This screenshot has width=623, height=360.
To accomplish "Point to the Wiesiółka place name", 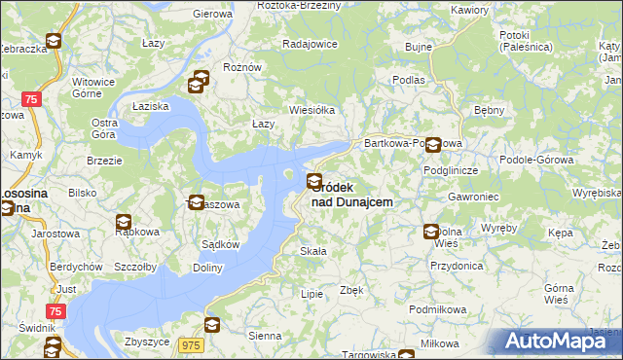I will [x=311, y=110].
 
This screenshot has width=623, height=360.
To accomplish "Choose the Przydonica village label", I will [x=457, y=265].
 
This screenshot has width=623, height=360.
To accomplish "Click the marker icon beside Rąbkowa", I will [x=124, y=222].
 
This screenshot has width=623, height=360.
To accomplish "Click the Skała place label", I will [x=312, y=251].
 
